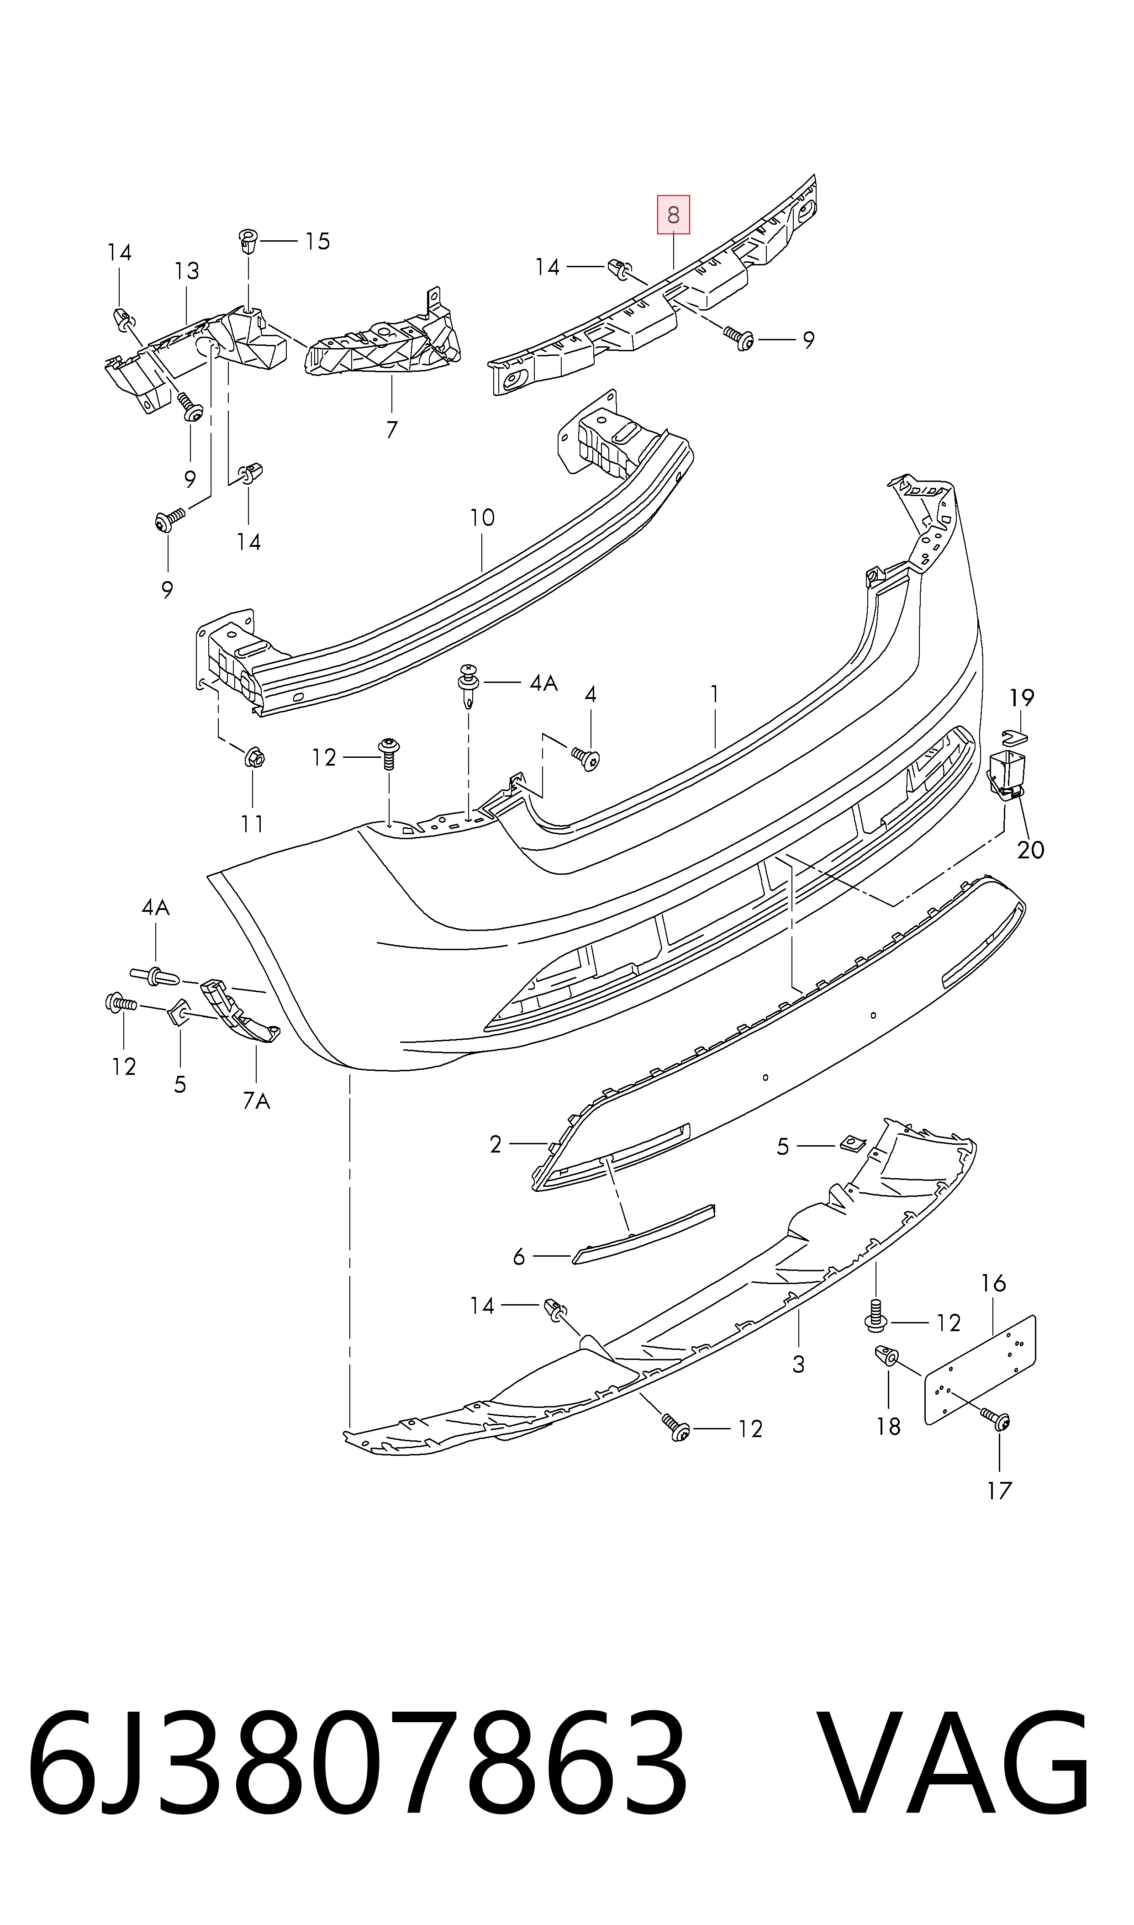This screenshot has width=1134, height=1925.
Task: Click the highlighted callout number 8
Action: (x=673, y=215)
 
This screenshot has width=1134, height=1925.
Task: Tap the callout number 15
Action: (x=317, y=242)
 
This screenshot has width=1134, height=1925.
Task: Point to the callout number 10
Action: (x=482, y=518)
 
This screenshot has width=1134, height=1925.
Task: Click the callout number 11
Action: (x=252, y=824)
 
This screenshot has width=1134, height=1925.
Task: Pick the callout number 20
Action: (x=1030, y=850)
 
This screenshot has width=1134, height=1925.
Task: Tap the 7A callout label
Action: (x=257, y=1100)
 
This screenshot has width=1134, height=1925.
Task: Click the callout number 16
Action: (x=993, y=1283)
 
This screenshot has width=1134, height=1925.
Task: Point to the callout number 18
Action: (x=888, y=1426)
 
